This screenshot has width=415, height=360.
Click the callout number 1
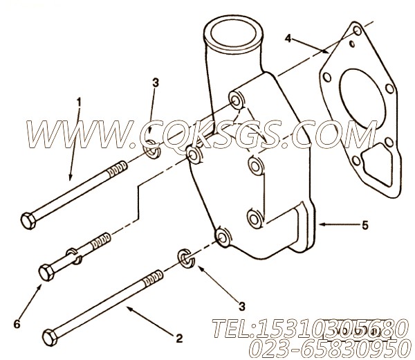click(78, 103)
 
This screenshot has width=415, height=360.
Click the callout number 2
click(178, 338)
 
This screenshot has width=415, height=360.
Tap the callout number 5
click(365, 224)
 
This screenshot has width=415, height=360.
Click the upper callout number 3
click(155, 84)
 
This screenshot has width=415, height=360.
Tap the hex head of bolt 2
click(49, 338)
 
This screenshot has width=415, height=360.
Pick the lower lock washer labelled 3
click(185, 258)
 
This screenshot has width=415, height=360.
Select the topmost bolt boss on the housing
click(236, 101)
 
